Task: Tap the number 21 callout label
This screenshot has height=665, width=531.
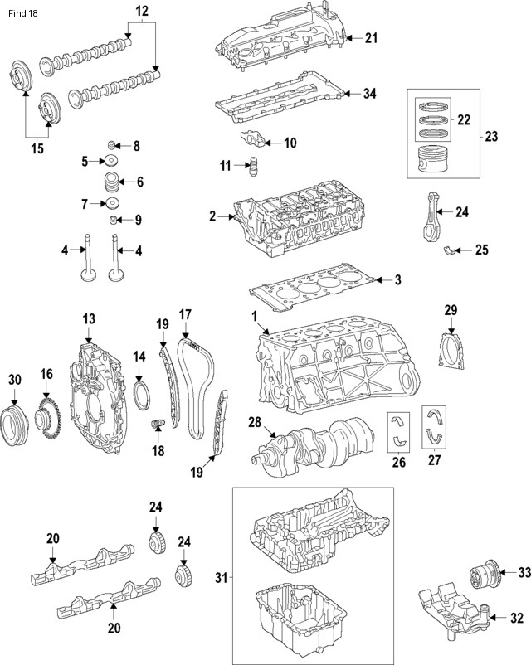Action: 370,37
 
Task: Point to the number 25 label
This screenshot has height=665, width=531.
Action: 481,249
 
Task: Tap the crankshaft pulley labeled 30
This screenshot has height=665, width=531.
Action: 15,421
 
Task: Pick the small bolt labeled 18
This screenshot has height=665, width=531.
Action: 156,425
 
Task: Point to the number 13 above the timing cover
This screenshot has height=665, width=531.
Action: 89,318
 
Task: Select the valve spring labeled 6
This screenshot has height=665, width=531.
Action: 111,182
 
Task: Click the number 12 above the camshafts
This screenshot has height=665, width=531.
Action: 141,11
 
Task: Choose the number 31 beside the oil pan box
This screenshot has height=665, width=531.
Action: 221,576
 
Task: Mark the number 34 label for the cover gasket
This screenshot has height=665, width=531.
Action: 370,94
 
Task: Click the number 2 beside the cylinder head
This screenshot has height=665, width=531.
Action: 212,216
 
